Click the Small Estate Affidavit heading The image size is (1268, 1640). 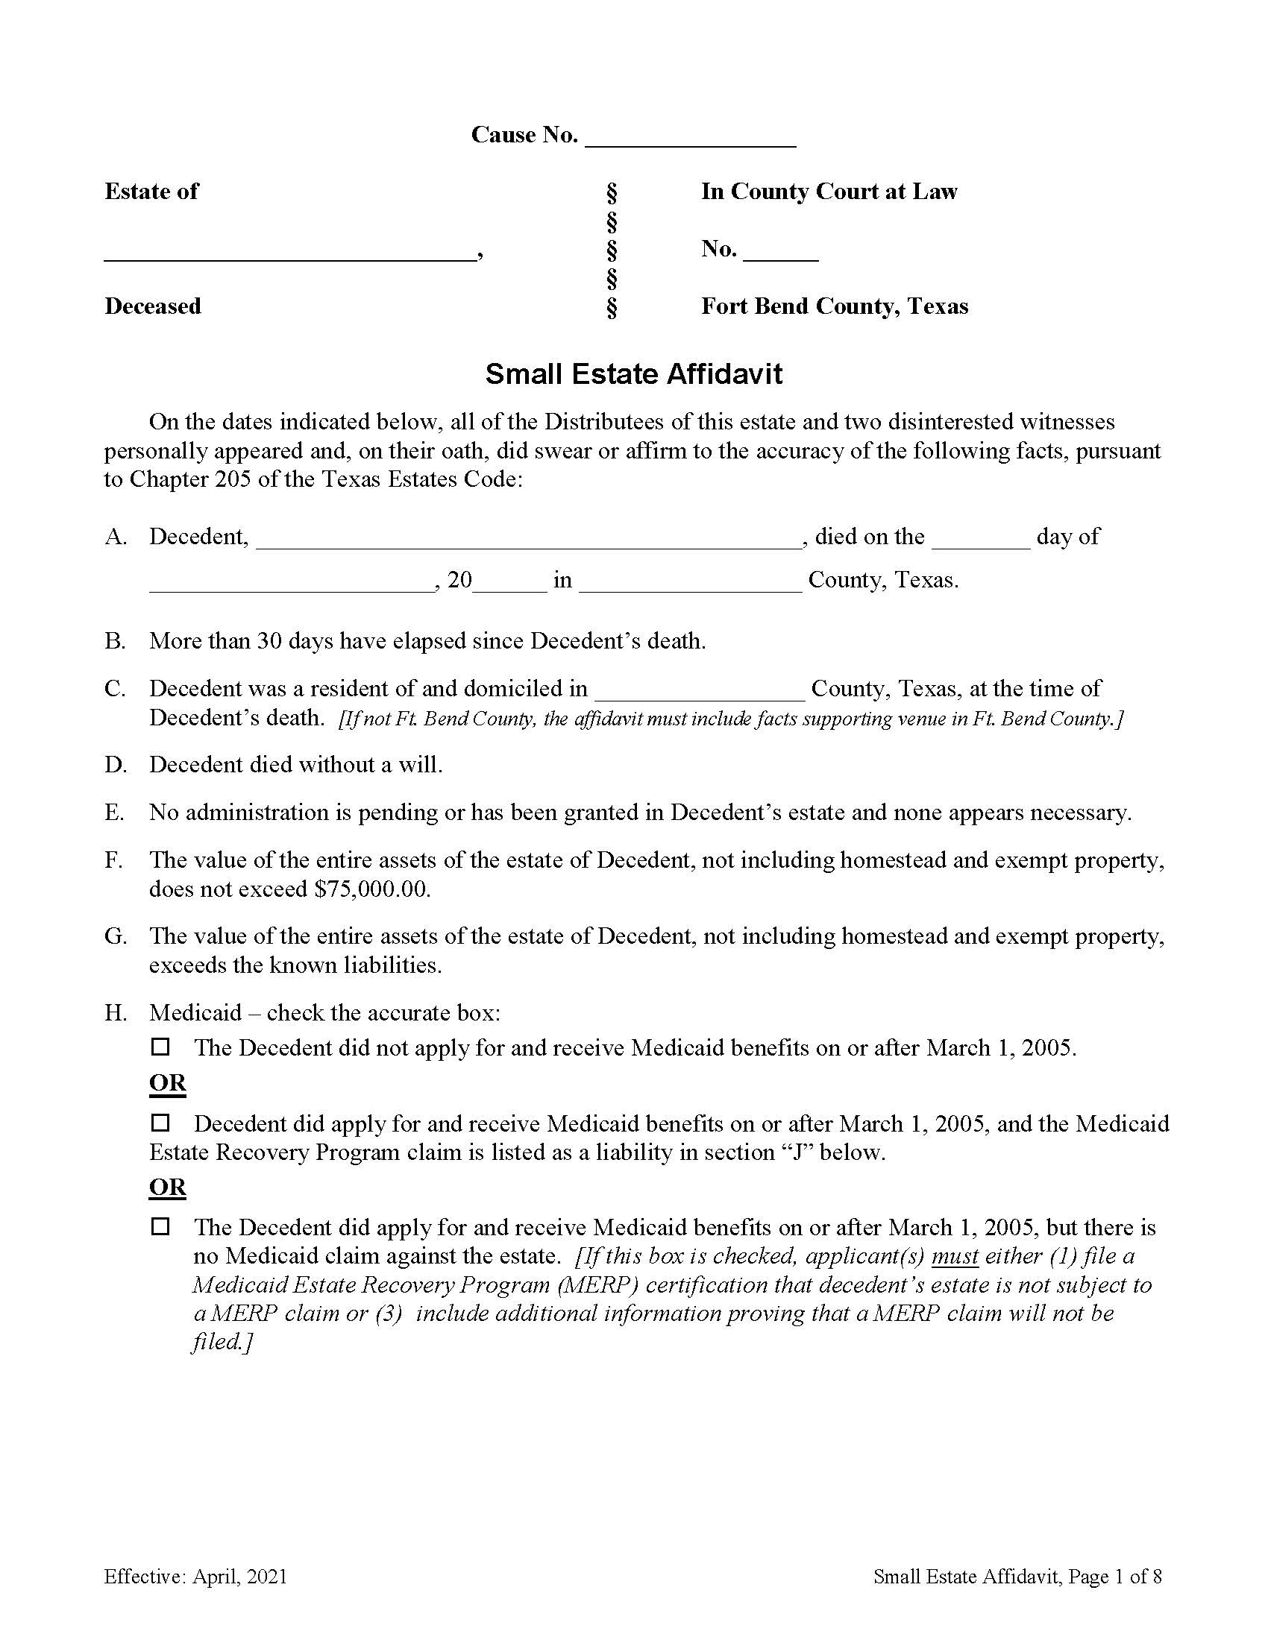633,374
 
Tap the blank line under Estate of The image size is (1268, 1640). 289,253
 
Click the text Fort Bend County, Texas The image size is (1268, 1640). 834,306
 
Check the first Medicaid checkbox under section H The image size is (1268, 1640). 161,1046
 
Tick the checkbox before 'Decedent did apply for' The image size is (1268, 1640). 161,1123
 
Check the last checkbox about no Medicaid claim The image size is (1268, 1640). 161,1226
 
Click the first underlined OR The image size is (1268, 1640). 168,1083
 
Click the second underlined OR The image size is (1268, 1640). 168,1188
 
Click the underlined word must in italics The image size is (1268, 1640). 955,1255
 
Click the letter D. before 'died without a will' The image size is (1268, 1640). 115,764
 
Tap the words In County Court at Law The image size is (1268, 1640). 829,192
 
